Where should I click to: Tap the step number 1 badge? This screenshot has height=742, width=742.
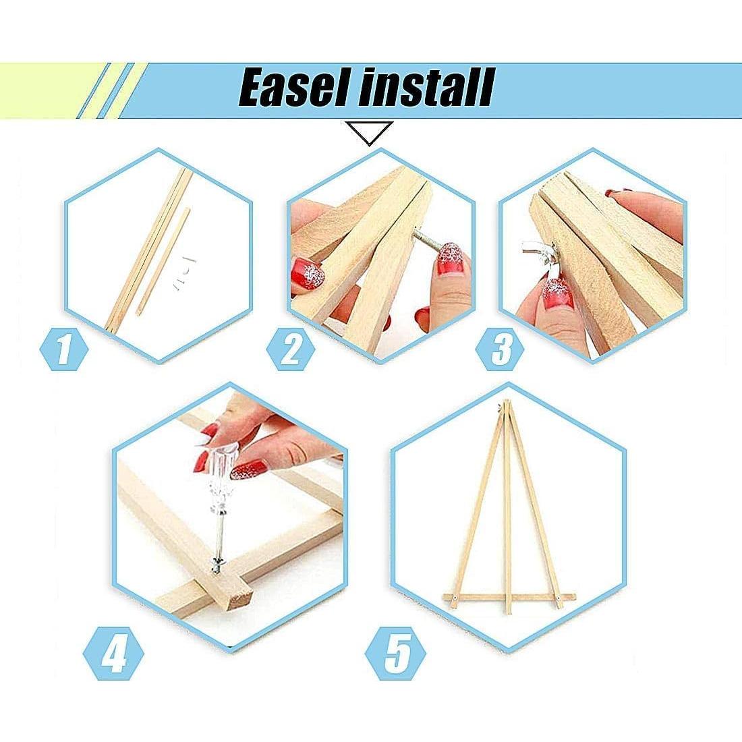[63, 350]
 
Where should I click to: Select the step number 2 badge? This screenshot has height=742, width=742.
[291, 350]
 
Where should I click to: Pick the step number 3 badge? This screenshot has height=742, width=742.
[500, 350]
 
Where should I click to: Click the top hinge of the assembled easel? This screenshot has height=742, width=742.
[501, 405]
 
